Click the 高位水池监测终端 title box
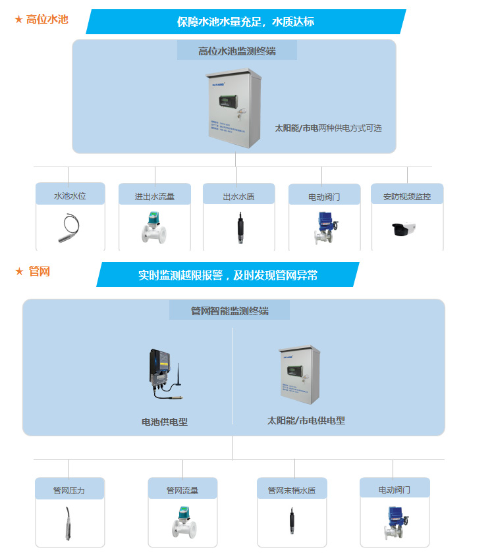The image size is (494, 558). pos(236,51)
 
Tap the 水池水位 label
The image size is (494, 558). pos(70,195)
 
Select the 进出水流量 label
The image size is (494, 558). pos(154,196)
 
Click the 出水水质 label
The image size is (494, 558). pos(238,196)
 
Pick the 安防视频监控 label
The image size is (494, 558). pos(407,196)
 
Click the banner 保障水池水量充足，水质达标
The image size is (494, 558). pos(245,22)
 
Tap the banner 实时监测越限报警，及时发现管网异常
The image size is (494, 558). pos(228,275)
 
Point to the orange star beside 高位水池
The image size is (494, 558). pos(18,20)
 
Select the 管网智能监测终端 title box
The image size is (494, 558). pos(229,311)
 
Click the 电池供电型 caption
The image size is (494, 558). pos(165,422)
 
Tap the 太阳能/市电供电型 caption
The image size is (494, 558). pos(306,420)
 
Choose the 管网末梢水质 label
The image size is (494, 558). pos(291,490)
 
